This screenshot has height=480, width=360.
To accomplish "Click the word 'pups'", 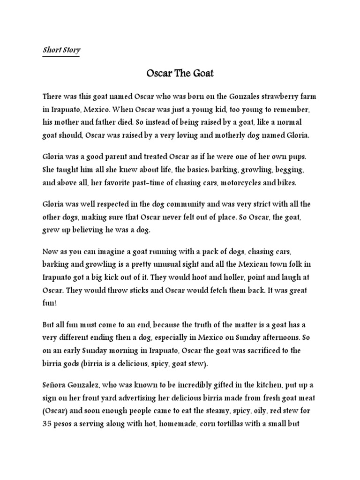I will (x=296, y=155).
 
